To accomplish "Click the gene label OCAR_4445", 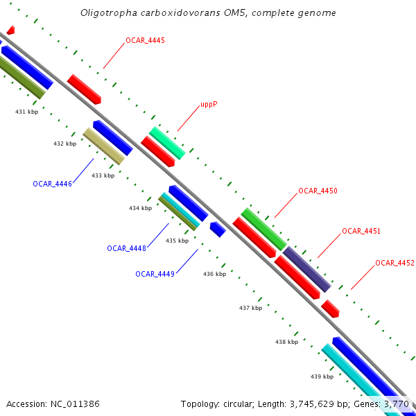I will (x=145, y=41).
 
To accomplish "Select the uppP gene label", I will (x=209, y=105).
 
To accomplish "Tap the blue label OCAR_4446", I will (x=52, y=184).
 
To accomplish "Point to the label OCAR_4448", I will (x=126, y=248).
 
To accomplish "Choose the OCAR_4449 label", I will (x=155, y=274).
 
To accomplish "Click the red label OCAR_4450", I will (x=318, y=191).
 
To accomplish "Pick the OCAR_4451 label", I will (x=361, y=231).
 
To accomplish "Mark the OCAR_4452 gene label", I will (x=395, y=263).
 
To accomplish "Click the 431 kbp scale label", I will (x=27, y=112).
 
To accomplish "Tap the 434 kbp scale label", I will (x=140, y=208).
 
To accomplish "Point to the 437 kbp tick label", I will (x=250, y=308).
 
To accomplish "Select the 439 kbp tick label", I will (x=322, y=376).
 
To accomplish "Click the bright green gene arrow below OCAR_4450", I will (x=263, y=228).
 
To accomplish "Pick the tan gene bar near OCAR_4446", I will (x=103, y=146).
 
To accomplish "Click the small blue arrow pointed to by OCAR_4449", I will (x=218, y=229).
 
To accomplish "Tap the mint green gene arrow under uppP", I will (x=167, y=143).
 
